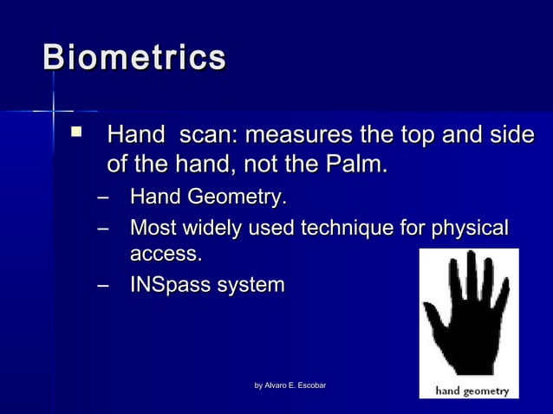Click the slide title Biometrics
134,58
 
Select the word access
166,255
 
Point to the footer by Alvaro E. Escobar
290,385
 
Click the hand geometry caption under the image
472,391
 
